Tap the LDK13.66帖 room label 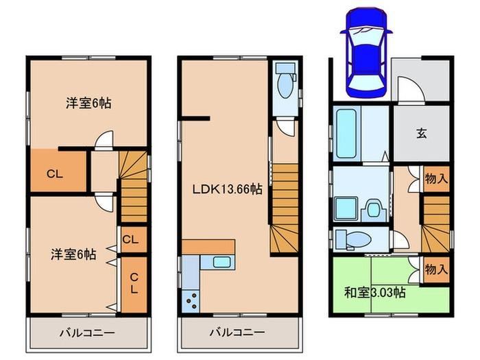pyautogui.click(x=227, y=189)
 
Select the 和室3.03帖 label pyautogui.click(x=375, y=293)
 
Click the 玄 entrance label pyautogui.click(x=422, y=133)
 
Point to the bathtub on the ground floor pyautogui.click(x=346, y=133)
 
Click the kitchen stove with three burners pyautogui.click(x=191, y=301)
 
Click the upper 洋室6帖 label pyautogui.click(x=88, y=103)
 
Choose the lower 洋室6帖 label pyautogui.click(x=73, y=254)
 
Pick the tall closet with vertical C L pyautogui.click(x=134, y=285)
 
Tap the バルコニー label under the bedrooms pyautogui.click(x=87, y=333)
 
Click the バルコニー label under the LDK pyautogui.click(x=237, y=333)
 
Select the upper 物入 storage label pyautogui.click(x=436, y=179)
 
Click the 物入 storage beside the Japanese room pyautogui.click(x=436, y=269)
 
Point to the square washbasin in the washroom pyautogui.click(x=346, y=208)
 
